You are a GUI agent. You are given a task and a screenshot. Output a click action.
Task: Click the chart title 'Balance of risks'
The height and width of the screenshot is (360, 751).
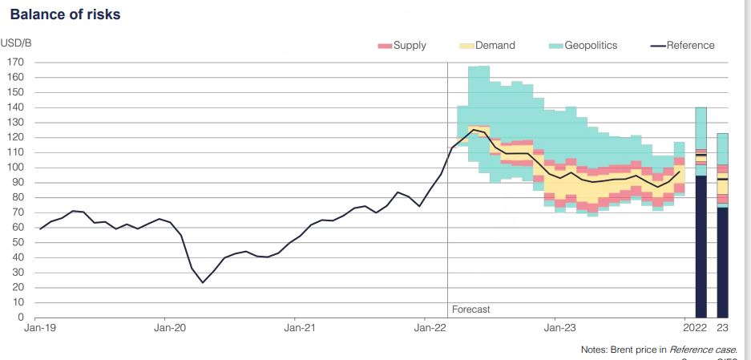(66, 14)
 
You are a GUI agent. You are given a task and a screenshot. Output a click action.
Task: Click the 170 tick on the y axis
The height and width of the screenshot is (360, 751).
(15, 62)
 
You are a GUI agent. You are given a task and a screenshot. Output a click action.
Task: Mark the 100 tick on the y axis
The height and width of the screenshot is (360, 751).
(15, 168)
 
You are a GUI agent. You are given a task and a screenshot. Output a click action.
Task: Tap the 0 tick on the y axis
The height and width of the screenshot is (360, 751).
(21, 318)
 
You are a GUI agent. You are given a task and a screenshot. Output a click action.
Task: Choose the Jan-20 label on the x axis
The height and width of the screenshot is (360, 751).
(169, 327)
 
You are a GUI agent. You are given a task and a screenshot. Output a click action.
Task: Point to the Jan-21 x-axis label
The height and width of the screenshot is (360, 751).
(298, 327)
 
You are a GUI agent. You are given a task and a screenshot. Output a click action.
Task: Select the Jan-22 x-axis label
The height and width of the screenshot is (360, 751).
(430, 327)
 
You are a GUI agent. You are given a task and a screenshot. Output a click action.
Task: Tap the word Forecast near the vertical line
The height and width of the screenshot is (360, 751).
(470, 309)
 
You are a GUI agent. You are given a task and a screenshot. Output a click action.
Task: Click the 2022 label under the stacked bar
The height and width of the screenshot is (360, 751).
(695, 327)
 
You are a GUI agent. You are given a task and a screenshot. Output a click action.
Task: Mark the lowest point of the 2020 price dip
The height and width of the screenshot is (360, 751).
(202, 282)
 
